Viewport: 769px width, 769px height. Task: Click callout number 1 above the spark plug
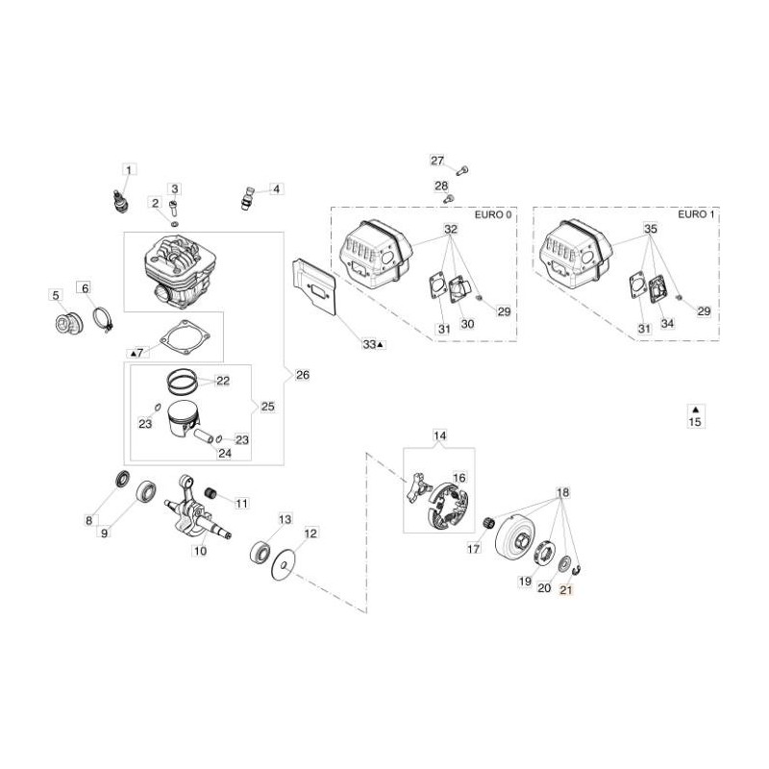(x=130, y=169)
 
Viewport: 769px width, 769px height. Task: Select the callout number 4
(x=276, y=188)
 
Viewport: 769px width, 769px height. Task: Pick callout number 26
(x=303, y=374)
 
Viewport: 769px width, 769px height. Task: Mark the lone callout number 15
(x=695, y=420)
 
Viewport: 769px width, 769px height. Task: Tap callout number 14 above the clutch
(x=439, y=436)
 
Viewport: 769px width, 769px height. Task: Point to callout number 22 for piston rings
(x=222, y=381)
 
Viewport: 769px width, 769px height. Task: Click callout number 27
(x=437, y=161)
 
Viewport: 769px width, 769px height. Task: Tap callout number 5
(x=56, y=295)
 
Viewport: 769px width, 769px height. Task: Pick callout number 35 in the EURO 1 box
(x=650, y=230)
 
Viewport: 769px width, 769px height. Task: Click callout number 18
(x=562, y=492)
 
